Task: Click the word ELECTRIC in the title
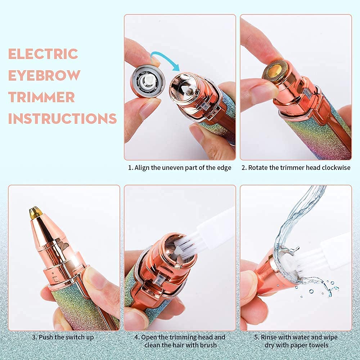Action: [x=43, y=54]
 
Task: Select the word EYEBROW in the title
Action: [x=44, y=76]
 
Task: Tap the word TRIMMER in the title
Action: [x=41, y=97]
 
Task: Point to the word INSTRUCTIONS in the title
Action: [x=62, y=118]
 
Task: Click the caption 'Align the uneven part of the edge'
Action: [x=180, y=168]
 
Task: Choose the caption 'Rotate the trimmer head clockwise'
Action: [x=296, y=168]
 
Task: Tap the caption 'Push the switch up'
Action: [x=64, y=337]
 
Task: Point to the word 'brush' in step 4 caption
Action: [x=207, y=345]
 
